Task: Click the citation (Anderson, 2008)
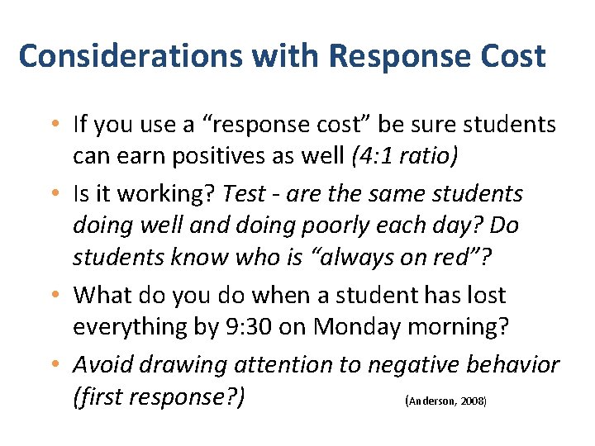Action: tap(446, 401)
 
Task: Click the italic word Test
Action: tap(245, 193)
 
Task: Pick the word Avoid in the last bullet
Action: tap(100, 363)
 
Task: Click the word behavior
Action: tap(513, 363)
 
